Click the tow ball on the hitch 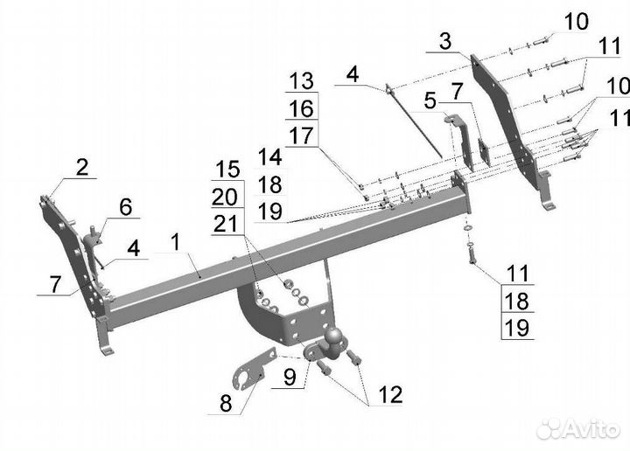tap(334, 336)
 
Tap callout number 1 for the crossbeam tap(175, 243)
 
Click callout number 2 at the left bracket tap(82, 167)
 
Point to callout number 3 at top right tap(445, 41)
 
